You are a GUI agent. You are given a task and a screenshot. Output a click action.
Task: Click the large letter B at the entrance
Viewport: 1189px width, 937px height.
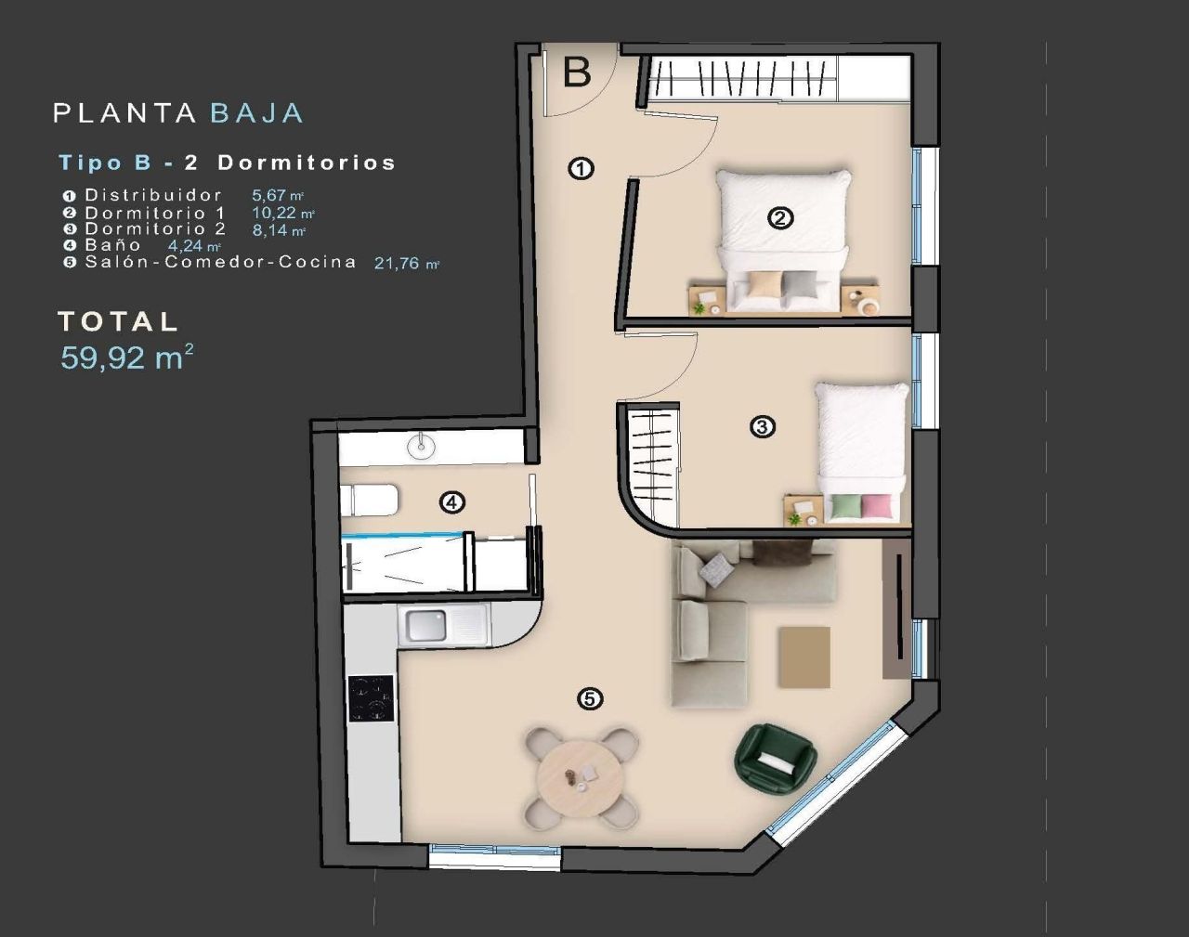(x=577, y=72)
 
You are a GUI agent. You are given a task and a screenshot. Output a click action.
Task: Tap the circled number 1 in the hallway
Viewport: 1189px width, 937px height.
(x=581, y=169)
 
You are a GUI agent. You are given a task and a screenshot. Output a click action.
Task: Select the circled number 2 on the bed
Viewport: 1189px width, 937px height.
(x=780, y=218)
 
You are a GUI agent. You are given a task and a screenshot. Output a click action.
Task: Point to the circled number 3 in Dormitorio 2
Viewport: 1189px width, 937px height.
(x=762, y=427)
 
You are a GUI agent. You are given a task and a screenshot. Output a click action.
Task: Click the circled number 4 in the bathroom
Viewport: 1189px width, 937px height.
(x=451, y=503)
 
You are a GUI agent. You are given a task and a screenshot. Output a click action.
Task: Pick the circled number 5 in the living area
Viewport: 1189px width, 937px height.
(x=589, y=698)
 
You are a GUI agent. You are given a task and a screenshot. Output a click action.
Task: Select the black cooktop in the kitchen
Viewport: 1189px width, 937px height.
(x=371, y=698)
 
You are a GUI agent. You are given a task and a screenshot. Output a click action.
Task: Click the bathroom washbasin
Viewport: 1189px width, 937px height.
(x=421, y=447)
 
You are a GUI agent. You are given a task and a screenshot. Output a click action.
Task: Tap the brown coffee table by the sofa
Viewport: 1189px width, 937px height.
(x=804, y=657)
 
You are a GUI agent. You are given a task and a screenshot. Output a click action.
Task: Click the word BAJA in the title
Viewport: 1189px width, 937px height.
(x=256, y=113)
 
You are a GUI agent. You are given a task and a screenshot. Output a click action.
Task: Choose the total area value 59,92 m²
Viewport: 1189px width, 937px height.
(x=126, y=358)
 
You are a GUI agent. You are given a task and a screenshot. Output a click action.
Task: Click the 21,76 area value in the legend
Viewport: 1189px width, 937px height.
(x=400, y=264)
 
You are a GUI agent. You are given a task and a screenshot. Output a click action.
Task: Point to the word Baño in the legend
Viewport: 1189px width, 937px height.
(x=113, y=245)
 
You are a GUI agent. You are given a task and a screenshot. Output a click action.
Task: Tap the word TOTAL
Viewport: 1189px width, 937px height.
(x=117, y=321)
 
